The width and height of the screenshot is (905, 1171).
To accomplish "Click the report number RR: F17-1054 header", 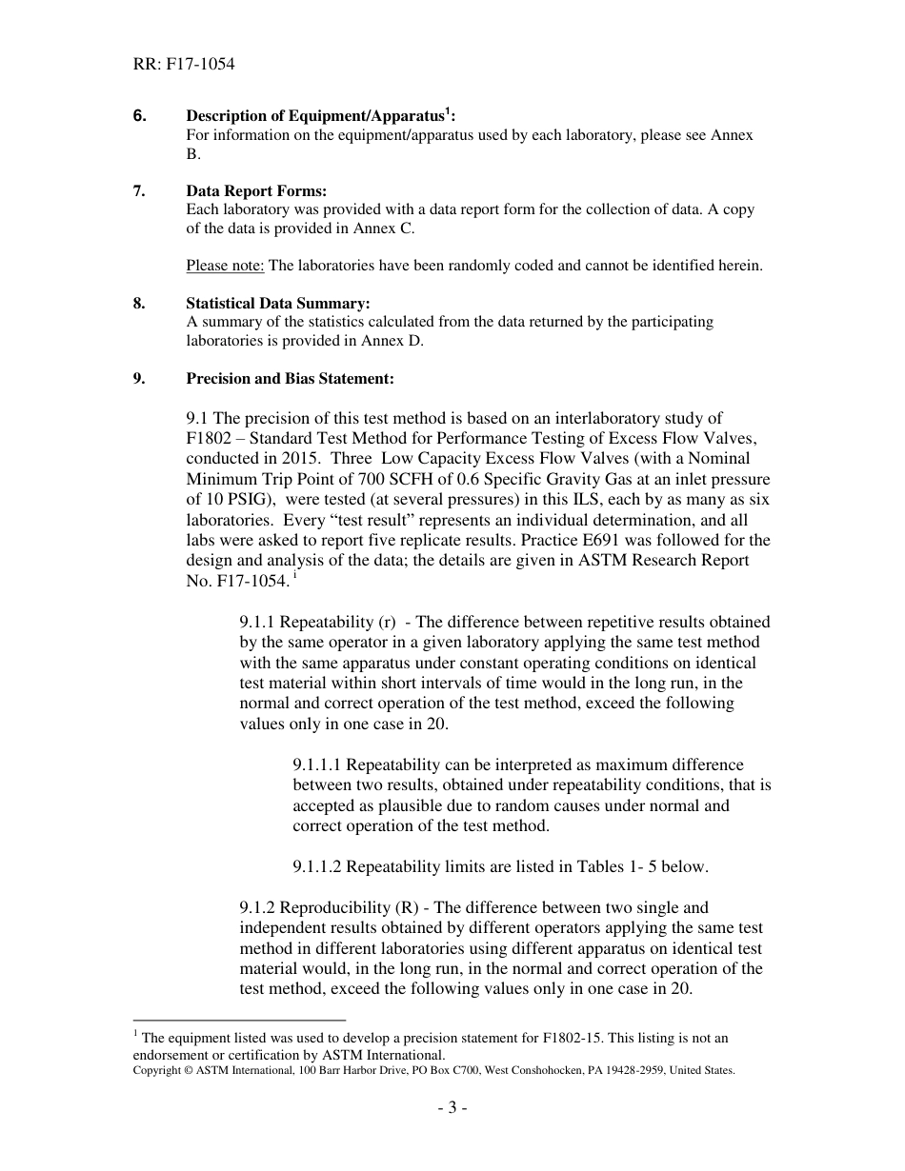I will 184,65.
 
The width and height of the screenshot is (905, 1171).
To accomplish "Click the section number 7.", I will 139,190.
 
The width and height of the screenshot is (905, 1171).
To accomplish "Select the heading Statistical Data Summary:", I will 278,304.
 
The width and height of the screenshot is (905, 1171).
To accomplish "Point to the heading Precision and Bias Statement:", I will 290,378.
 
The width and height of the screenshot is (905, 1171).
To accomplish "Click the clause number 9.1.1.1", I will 324,764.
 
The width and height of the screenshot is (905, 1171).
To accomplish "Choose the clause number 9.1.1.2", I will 324,866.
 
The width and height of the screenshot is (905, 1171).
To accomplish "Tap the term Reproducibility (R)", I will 352,907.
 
